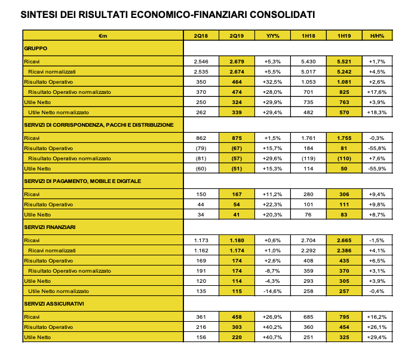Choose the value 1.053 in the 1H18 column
point(308,81)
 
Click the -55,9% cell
point(377,169)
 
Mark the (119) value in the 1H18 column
point(308,158)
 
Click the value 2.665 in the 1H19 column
point(343,240)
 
